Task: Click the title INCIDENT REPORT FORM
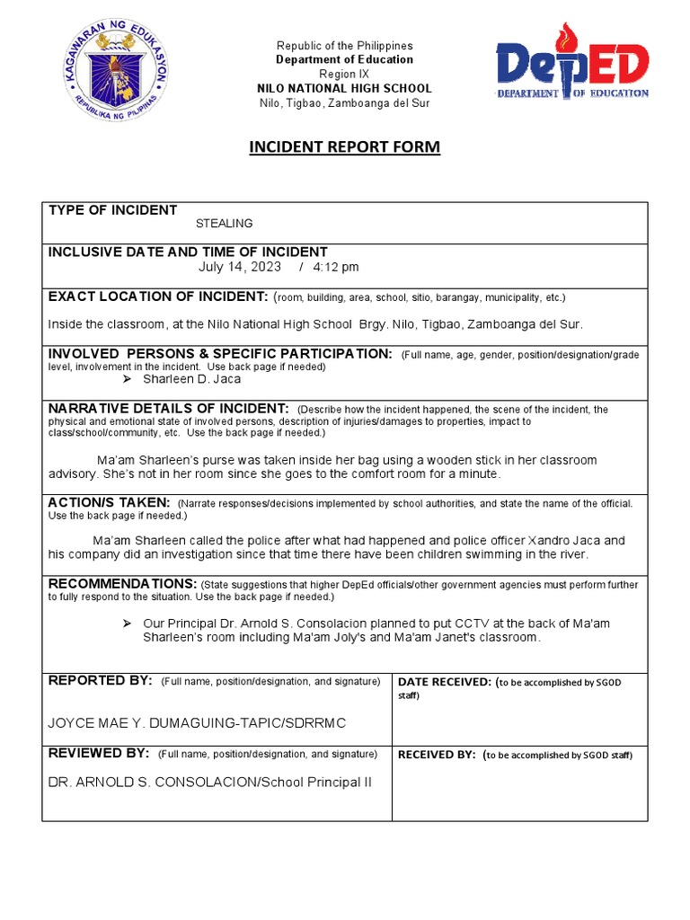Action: (345, 147)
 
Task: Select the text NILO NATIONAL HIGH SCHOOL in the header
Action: (345, 89)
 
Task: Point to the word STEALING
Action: (225, 224)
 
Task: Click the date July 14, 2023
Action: (239, 267)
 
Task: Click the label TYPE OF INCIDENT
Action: (112, 210)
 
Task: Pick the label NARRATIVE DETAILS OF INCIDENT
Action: (168, 409)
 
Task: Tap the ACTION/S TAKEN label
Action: (109, 502)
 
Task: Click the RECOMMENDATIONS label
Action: (122, 584)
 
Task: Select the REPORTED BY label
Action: (100, 681)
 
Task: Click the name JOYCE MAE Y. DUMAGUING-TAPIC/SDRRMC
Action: (197, 723)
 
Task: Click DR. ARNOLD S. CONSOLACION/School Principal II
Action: (209, 783)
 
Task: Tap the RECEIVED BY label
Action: (436, 755)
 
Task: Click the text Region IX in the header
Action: (345, 74)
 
